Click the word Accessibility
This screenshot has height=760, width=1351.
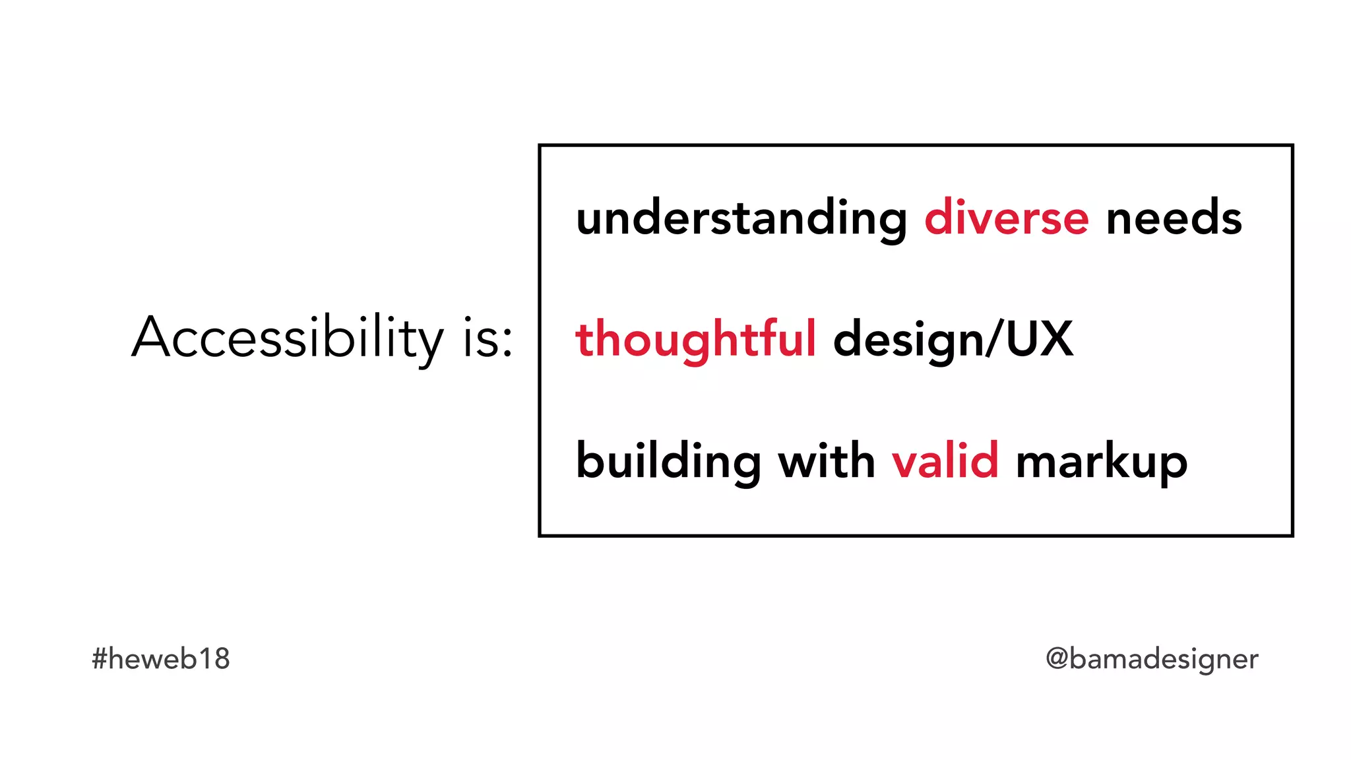pos(288,338)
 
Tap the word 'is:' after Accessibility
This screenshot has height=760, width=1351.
pos(487,338)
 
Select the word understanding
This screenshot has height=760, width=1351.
pos(741,218)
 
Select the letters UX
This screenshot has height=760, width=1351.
pos(1040,338)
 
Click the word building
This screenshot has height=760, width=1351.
pos(668,461)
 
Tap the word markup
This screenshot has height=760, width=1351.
pos(1102,461)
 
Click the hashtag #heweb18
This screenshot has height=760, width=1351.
pos(160,658)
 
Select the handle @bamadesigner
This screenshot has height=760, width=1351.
pos(1152,658)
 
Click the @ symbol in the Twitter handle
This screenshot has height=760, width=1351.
pos(1057,658)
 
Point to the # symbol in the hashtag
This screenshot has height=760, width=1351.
pos(100,658)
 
